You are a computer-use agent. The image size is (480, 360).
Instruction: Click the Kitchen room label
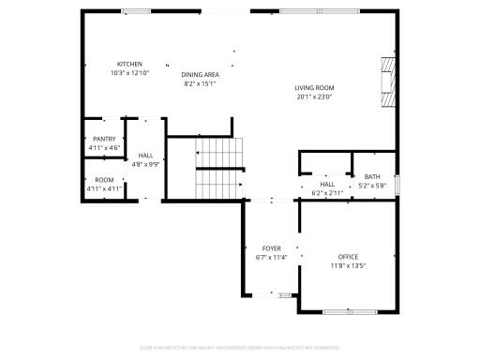(x=129, y=64)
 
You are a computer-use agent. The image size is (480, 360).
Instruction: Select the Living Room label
(x=314, y=87)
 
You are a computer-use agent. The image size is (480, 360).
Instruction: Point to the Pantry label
(x=104, y=139)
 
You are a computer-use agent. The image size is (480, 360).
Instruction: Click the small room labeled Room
(x=104, y=180)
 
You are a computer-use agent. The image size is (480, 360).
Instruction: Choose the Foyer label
(x=271, y=248)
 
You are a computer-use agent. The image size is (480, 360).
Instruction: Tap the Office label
(x=348, y=257)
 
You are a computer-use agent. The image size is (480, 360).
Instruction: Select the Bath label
(x=372, y=177)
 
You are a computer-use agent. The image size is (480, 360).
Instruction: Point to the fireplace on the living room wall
(x=387, y=82)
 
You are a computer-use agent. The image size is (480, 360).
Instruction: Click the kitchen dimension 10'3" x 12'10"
(x=129, y=72)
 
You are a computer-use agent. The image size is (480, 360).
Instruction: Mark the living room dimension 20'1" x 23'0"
(x=314, y=96)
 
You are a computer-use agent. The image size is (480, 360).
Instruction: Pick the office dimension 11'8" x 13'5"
(x=348, y=265)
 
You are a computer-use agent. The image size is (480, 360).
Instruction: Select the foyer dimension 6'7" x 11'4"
(x=271, y=257)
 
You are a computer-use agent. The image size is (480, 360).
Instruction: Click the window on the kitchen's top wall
(x=136, y=11)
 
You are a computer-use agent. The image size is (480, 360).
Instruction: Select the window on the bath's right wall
(x=397, y=185)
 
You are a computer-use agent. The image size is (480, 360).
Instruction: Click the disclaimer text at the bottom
(x=239, y=348)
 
